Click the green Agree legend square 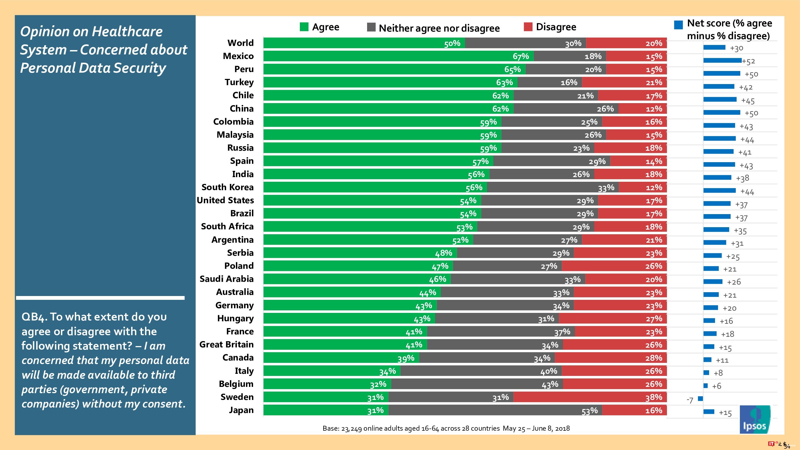[x=304, y=27]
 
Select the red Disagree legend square [x=528, y=27]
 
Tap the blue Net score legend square [x=678, y=25]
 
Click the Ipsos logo [x=755, y=419]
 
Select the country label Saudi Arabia [x=226, y=279]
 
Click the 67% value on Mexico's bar [x=521, y=56]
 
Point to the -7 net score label [x=690, y=400]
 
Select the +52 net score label [x=749, y=61]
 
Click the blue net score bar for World [x=714, y=48]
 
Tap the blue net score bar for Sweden [x=700, y=399]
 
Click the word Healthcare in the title [x=127, y=32]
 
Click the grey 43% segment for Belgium [x=477, y=384]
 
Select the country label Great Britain [x=226, y=344]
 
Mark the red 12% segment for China [x=642, y=109]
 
